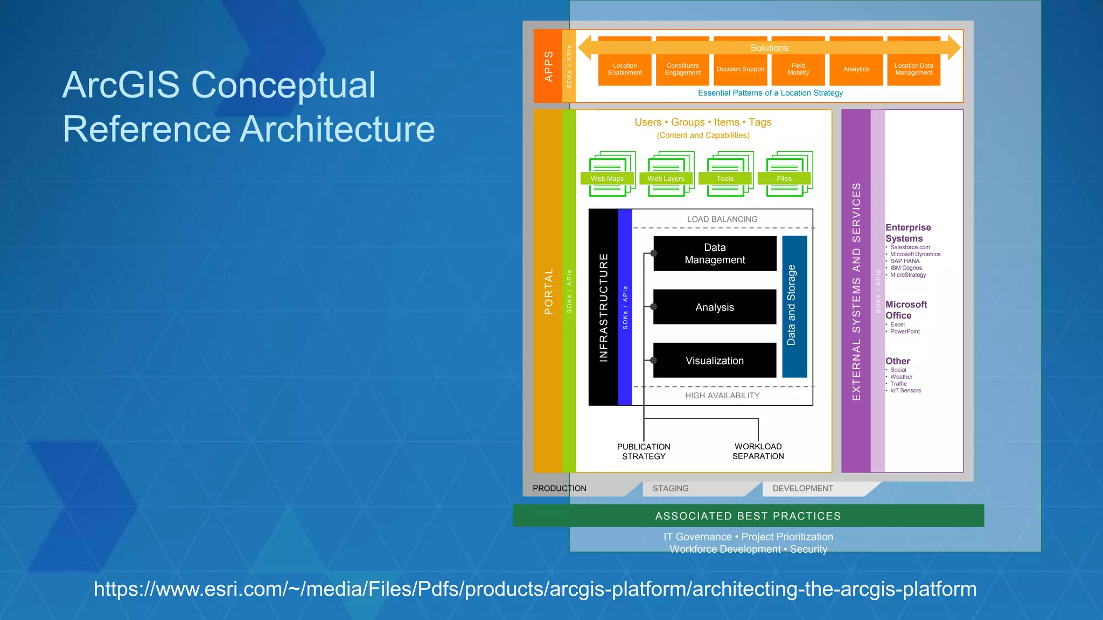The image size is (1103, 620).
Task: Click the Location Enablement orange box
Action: pyautogui.click(x=625, y=69)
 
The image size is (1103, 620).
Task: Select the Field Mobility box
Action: pyautogui.click(x=798, y=69)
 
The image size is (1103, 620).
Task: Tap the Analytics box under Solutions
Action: pyautogui.click(x=856, y=69)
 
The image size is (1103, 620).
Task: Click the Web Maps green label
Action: pyautogui.click(x=607, y=179)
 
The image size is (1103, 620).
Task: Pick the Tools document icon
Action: pyautogui.click(x=725, y=173)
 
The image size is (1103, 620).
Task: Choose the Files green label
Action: pyautogui.click(x=784, y=179)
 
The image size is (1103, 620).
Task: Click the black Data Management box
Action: pyautogui.click(x=715, y=253)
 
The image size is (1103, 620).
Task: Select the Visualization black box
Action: pyautogui.click(x=715, y=361)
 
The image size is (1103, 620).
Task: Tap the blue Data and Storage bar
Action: pyautogui.click(x=794, y=306)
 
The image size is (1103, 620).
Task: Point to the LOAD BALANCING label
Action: pyautogui.click(x=722, y=219)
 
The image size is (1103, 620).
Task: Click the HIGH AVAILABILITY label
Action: pyautogui.click(x=722, y=396)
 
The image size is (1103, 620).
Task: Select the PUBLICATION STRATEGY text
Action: pyautogui.click(x=644, y=452)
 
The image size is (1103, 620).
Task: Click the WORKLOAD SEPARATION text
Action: pyautogui.click(x=758, y=451)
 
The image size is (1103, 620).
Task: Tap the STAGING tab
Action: pyautogui.click(x=671, y=488)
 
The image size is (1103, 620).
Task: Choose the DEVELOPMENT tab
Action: pyautogui.click(x=802, y=488)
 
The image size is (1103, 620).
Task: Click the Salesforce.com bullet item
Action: pyautogui.click(x=910, y=247)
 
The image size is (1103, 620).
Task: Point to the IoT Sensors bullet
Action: pyautogui.click(x=905, y=391)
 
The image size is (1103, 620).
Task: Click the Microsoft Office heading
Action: pyautogui.click(x=906, y=310)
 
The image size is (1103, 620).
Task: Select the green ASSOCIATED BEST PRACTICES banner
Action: pyautogui.click(x=748, y=516)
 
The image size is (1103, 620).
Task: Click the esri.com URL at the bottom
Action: pyautogui.click(x=535, y=589)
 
